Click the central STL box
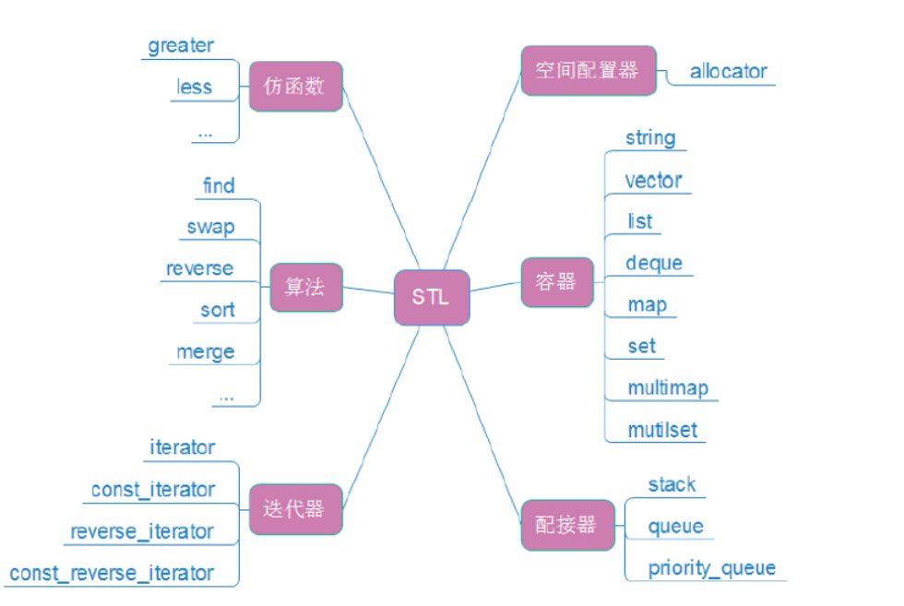coord(432,297)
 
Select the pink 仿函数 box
coord(296,87)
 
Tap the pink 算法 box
coord(306,287)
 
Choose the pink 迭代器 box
coord(295,509)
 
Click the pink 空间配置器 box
coord(589,70)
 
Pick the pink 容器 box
coord(556,282)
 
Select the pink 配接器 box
coord(566,525)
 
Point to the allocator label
coord(728,71)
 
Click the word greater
coord(181,45)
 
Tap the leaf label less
coord(195,88)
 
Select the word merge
coord(206,351)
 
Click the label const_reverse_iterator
coord(112,573)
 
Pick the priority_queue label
coord(711,567)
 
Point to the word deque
coord(654,263)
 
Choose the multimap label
coord(668,387)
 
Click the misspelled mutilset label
coord(662,429)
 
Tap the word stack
coord(672,484)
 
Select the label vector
coord(653,180)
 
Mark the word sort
coord(218,310)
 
